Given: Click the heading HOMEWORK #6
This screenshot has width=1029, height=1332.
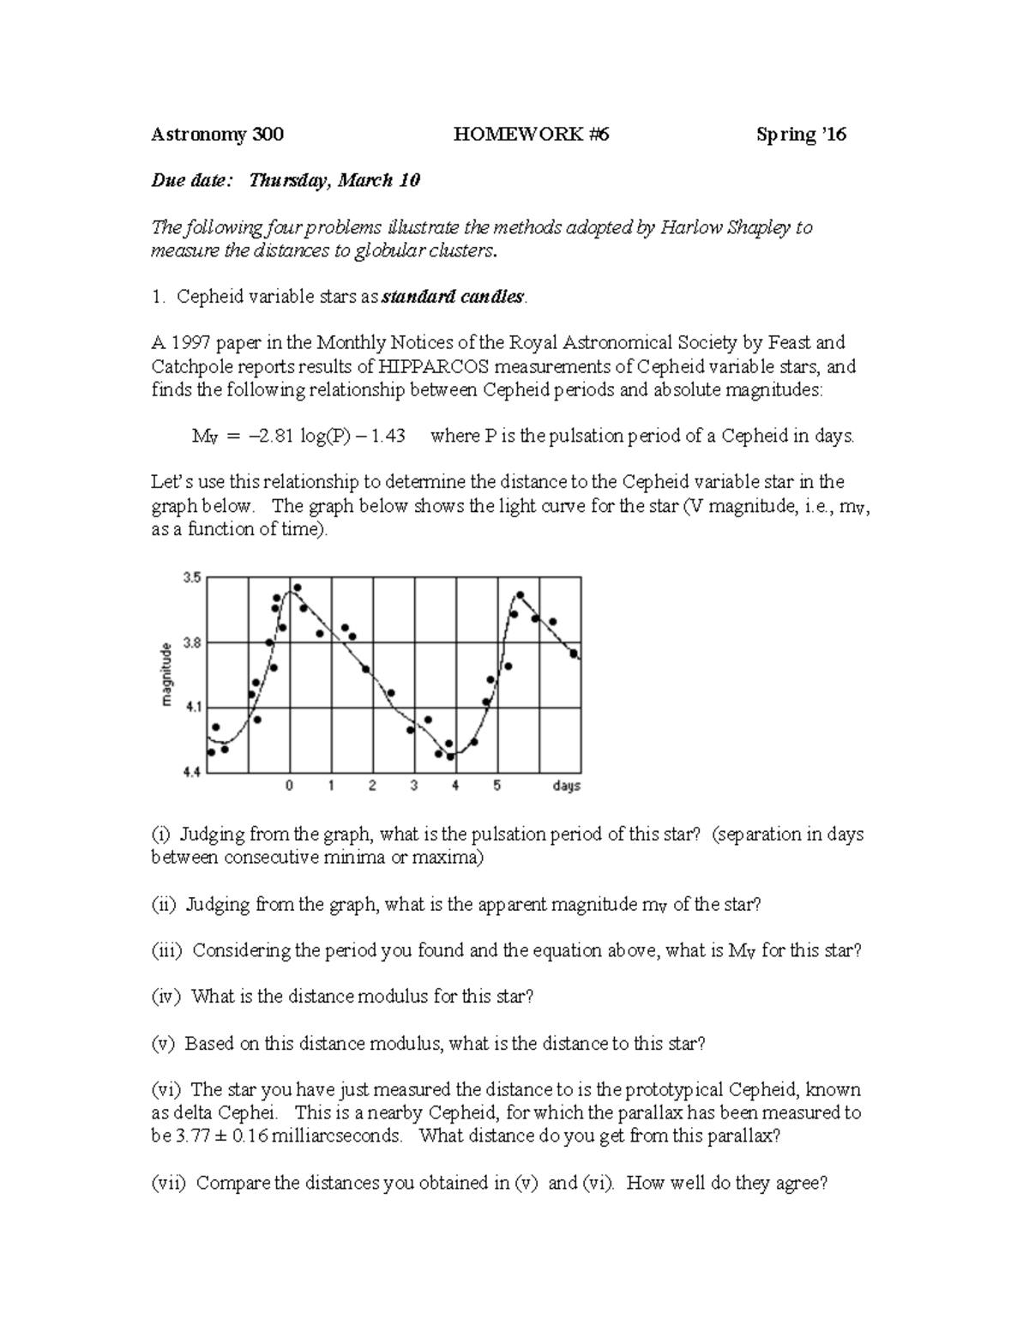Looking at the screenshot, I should pyautogui.click(x=532, y=134).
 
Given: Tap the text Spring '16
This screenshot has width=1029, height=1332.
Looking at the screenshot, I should pyautogui.click(x=801, y=134).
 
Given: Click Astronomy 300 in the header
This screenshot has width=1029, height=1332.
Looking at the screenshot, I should pyautogui.click(x=217, y=134).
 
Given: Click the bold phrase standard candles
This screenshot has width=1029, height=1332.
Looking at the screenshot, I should pyautogui.click(x=452, y=297).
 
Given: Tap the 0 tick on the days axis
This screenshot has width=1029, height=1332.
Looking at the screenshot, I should pyautogui.click(x=290, y=786).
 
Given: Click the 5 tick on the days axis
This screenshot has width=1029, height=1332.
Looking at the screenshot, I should pyautogui.click(x=497, y=786).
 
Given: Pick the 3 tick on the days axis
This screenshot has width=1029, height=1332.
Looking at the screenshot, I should pyautogui.click(x=414, y=786).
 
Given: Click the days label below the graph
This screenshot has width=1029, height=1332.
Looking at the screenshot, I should pyautogui.click(x=566, y=786).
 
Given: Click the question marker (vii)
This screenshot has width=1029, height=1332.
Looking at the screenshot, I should pyautogui.click(x=169, y=1183).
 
